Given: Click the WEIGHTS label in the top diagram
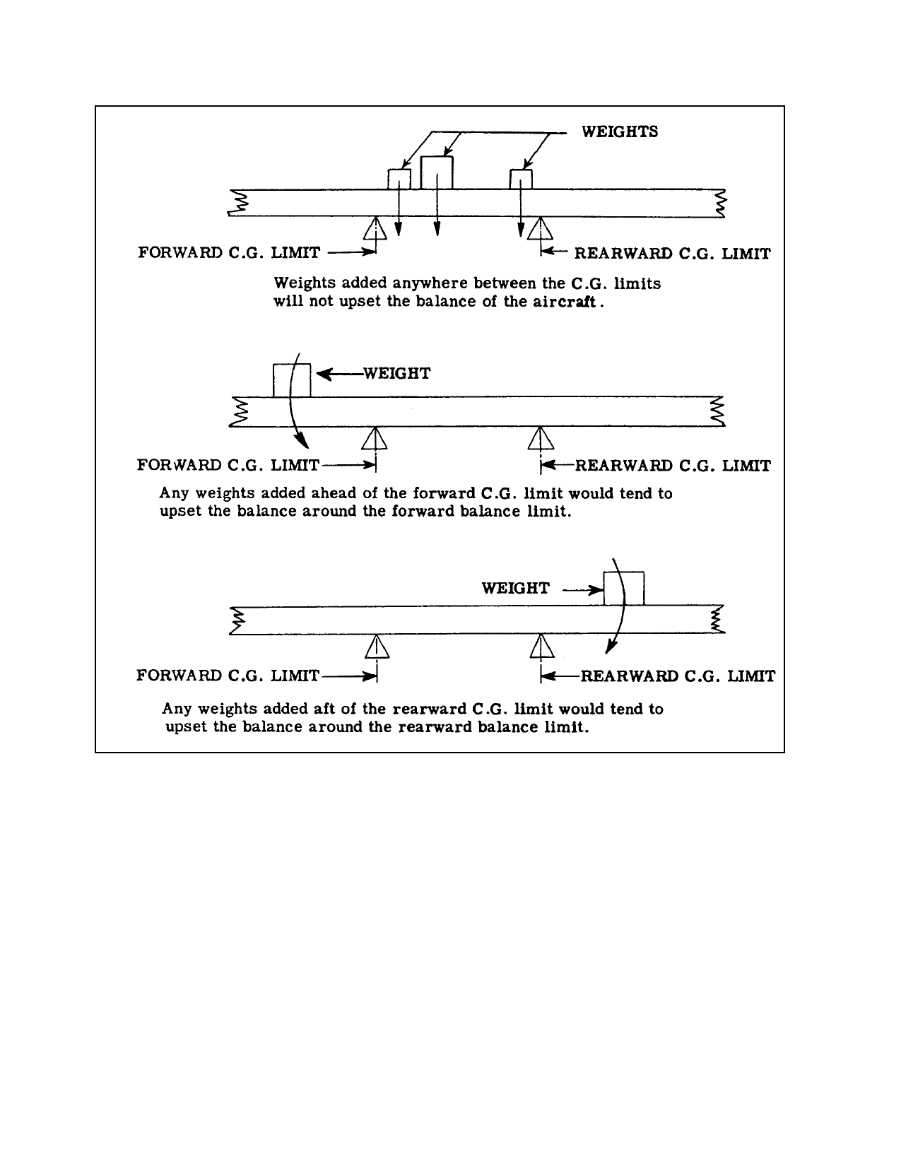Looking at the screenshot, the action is tap(620, 132).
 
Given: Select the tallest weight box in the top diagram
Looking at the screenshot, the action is tap(437, 173).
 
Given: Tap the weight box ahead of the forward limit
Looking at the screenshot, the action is tap(292, 380).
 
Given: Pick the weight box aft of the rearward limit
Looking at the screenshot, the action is tap(624, 589).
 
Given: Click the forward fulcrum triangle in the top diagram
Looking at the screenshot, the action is tap(375, 228).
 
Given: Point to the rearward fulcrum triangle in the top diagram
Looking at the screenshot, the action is tap(541, 228).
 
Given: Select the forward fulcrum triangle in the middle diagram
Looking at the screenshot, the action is tap(375, 438).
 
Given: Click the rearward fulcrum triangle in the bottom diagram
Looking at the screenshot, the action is tap(542, 646).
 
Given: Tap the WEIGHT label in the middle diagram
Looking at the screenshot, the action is tap(397, 373).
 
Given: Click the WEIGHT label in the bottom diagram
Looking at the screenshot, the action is tap(516, 589).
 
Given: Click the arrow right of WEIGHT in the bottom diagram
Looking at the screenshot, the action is tap(583, 591).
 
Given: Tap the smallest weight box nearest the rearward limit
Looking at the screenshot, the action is tap(521, 179).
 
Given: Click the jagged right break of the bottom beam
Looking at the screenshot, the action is tap(717, 620).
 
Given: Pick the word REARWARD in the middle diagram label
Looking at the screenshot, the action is tap(623, 466).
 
